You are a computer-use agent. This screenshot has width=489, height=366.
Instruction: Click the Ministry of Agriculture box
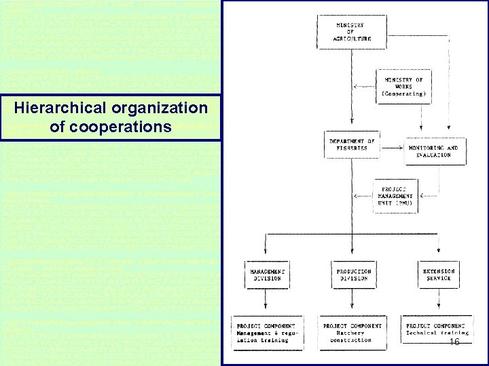(x=352, y=32)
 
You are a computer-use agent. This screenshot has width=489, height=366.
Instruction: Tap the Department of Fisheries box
(x=352, y=144)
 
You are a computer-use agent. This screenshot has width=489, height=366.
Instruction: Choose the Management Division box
(x=266, y=274)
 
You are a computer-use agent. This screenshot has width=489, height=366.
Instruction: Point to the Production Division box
(x=352, y=274)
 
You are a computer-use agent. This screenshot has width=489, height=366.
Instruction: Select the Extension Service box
(x=438, y=274)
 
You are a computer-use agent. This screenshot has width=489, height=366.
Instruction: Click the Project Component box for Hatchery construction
(x=352, y=333)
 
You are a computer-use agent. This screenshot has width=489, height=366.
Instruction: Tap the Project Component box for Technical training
(x=438, y=330)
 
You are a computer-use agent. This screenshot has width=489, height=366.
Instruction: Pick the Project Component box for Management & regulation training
(x=266, y=333)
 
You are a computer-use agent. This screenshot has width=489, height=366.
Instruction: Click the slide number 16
(x=454, y=344)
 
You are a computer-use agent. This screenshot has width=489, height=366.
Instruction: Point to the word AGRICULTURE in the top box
(x=352, y=39)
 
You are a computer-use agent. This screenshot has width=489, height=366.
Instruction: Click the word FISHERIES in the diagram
(x=352, y=148)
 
